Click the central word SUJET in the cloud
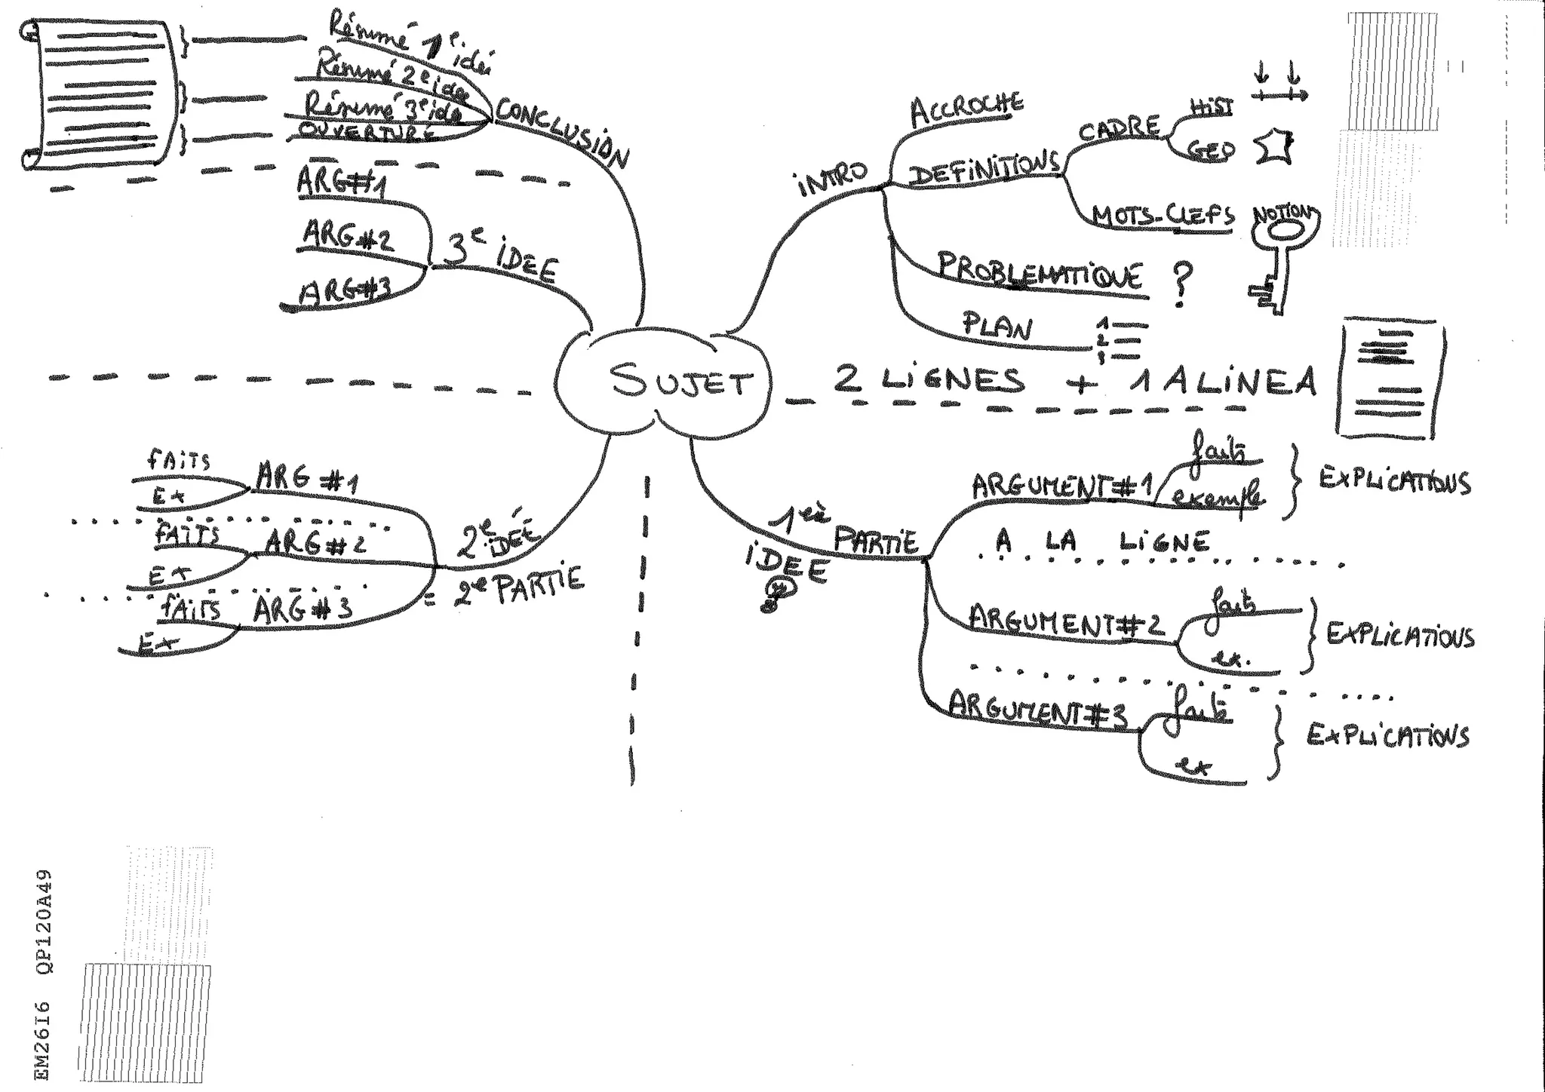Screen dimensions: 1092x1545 click(x=680, y=380)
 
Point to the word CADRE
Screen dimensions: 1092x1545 click(x=1119, y=128)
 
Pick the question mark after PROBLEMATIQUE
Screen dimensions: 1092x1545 click(x=1182, y=285)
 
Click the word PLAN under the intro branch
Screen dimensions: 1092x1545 click(x=998, y=326)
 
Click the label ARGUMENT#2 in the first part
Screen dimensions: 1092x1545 click(x=1066, y=621)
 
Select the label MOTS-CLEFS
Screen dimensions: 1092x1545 click(x=1164, y=217)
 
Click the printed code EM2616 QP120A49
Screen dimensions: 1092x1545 click(x=45, y=973)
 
